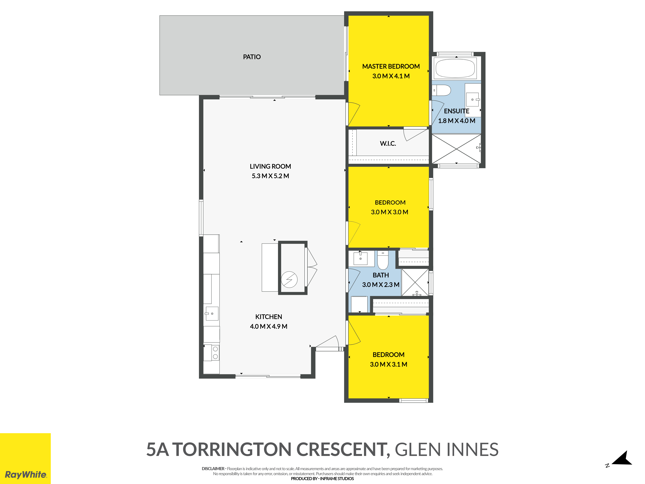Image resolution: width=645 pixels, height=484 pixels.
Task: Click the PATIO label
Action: coord(252,57)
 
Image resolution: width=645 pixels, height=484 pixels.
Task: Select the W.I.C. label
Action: coord(388,144)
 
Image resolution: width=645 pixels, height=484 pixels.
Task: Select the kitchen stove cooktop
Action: coord(215,353)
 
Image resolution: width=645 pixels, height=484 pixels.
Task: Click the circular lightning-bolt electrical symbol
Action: coord(289,279)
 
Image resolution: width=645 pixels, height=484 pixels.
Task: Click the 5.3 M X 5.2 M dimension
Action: coord(270,176)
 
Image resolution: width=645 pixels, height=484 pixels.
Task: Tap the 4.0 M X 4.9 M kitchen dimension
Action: coord(268,327)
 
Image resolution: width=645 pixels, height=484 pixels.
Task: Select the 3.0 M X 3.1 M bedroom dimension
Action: coord(388,364)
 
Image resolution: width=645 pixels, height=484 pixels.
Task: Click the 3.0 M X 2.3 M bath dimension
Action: coord(381,285)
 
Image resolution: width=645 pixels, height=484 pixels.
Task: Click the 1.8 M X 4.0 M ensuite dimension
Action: coord(457,121)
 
